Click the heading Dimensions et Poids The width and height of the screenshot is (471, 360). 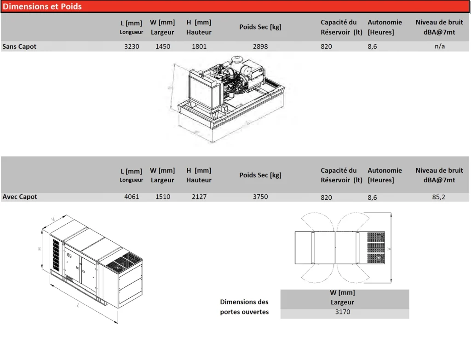(x=42, y=6)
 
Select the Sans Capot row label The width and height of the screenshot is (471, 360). (x=19, y=46)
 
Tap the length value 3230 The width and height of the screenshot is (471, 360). (x=132, y=46)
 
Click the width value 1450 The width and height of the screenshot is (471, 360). (x=163, y=46)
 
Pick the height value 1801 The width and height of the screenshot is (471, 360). (x=199, y=46)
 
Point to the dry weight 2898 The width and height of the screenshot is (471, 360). (x=260, y=46)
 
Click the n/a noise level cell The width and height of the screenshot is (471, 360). (x=440, y=46)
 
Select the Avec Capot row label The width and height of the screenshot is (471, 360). (x=20, y=197)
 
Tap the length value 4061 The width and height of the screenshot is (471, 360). (x=132, y=197)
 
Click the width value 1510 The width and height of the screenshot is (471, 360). (x=163, y=197)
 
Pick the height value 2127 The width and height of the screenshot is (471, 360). (x=199, y=197)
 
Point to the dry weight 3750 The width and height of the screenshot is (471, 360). (x=260, y=197)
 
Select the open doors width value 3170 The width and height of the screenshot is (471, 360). (x=343, y=312)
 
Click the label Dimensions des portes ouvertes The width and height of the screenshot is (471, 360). (x=244, y=307)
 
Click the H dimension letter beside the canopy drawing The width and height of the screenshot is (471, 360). (x=40, y=249)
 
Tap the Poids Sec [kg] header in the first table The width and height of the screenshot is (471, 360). (x=260, y=27)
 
